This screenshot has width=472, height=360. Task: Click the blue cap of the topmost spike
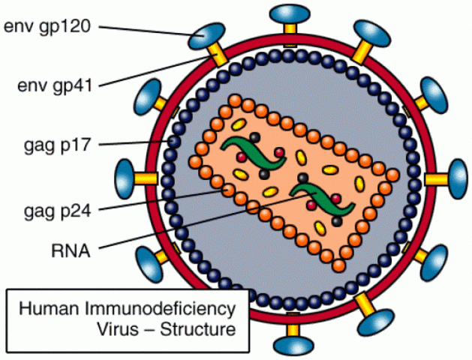[289, 13]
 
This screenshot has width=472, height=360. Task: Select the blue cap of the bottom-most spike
[291, 346]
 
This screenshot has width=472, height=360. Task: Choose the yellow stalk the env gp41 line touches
[218, 56]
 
